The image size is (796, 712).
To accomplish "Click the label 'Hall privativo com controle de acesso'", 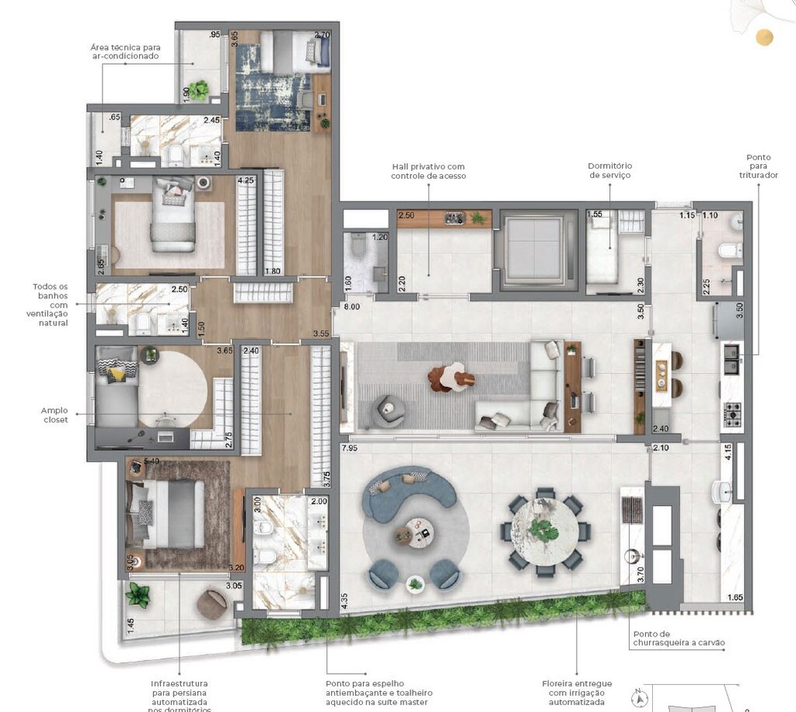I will pyautogui.click(x=428, y=171).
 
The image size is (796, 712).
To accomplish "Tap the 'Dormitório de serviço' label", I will pyautogui.click(x=609, y=171).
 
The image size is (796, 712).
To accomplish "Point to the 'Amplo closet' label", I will pyautogui.click(x=56, y=414).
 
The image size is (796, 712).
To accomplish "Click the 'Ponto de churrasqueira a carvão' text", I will pyautogui.click(x=684, y=637).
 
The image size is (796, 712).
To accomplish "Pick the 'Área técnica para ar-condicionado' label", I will pyautogui.click(x=124, y=52).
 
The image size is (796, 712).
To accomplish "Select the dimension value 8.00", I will pyautogui.click(x=352, y=307).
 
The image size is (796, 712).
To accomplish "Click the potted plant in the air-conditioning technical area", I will pyautogui.click(x=200, y=89).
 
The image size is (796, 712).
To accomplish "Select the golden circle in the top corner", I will pyautogui.click(x=766, y=37).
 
